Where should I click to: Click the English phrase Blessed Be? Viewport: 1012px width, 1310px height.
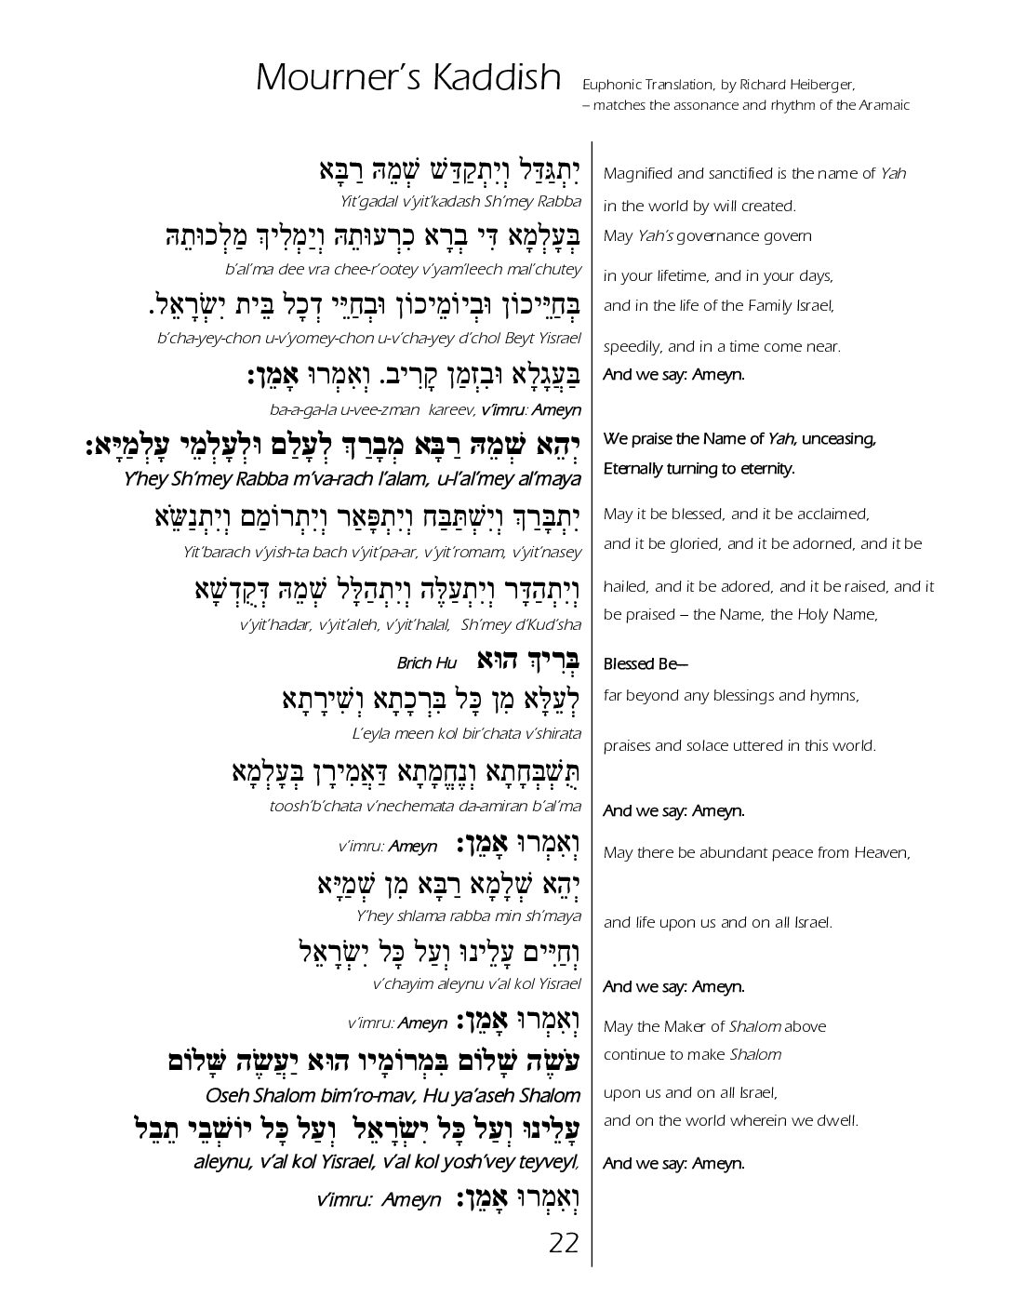click(632, 664)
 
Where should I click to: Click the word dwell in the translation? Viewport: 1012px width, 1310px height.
click(841, 1121)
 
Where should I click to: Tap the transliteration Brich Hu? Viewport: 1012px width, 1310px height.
click(427, 663)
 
